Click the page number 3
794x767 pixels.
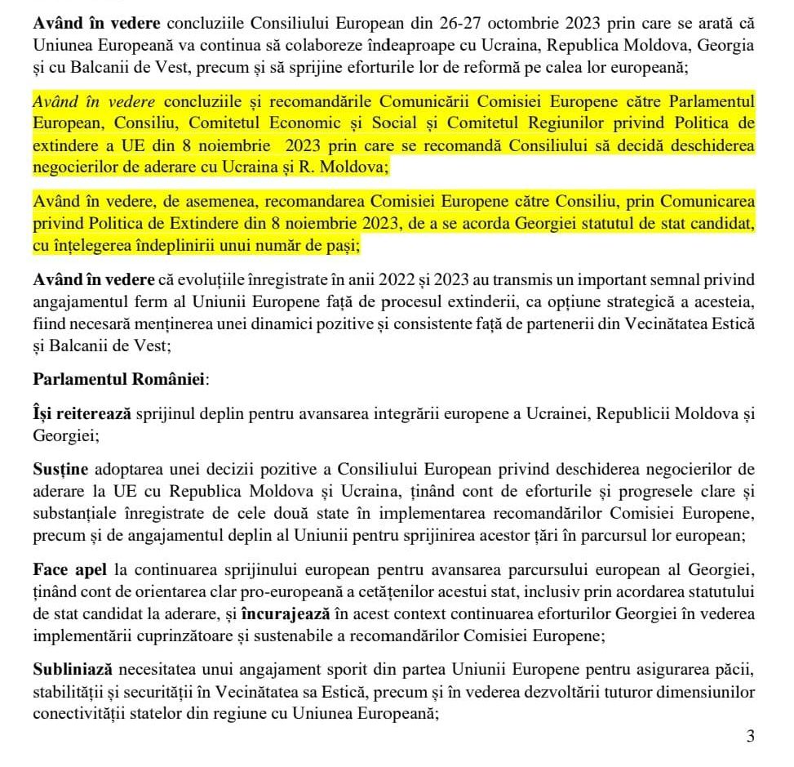(750, 737)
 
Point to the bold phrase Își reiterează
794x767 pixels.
(82, 415)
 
